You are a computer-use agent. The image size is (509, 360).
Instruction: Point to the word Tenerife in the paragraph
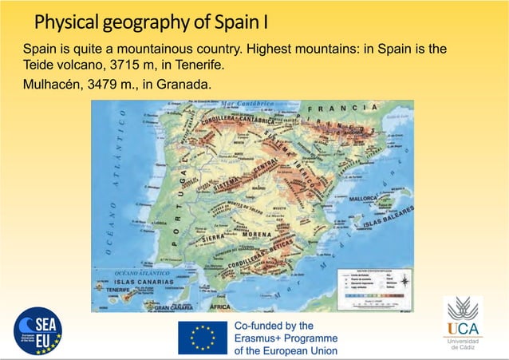click(x=197, y=64)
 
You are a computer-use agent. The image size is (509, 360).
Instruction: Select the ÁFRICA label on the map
click(x=219, y=307)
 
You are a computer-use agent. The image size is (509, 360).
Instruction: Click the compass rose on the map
click(x=404, y=280)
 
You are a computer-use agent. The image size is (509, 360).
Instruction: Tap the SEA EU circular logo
click(x=38, y=331)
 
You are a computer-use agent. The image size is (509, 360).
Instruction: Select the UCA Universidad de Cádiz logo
click(x=463, y=323)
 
